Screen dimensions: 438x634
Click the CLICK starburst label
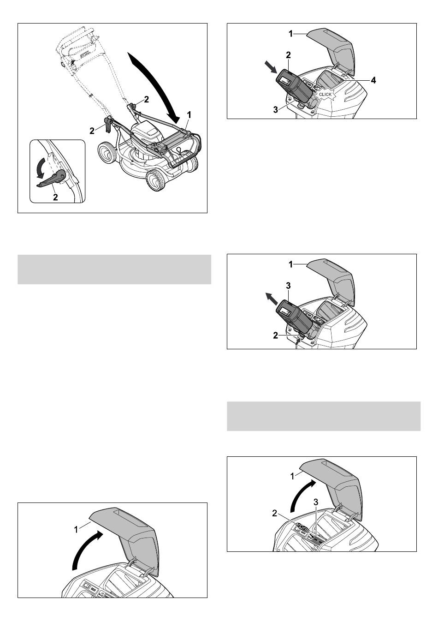coord(325,94)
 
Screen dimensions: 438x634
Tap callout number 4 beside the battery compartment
coord(373,80)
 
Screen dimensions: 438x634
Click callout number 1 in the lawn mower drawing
coord(189,115)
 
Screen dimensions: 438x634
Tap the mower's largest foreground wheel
coord(155,180)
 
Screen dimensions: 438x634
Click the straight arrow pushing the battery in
coord(271,67)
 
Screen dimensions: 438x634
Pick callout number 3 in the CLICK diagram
coord(276,109)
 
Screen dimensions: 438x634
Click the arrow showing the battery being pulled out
coord(272,299)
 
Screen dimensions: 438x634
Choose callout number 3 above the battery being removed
coord(288,286)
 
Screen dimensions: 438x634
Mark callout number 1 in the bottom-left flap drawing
coord(76,530)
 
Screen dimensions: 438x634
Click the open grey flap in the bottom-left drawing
coord(124,538)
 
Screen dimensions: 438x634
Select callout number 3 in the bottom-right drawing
coord(316,502)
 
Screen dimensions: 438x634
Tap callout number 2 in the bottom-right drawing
coord(275,513)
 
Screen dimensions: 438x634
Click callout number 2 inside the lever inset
coord(55,197)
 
